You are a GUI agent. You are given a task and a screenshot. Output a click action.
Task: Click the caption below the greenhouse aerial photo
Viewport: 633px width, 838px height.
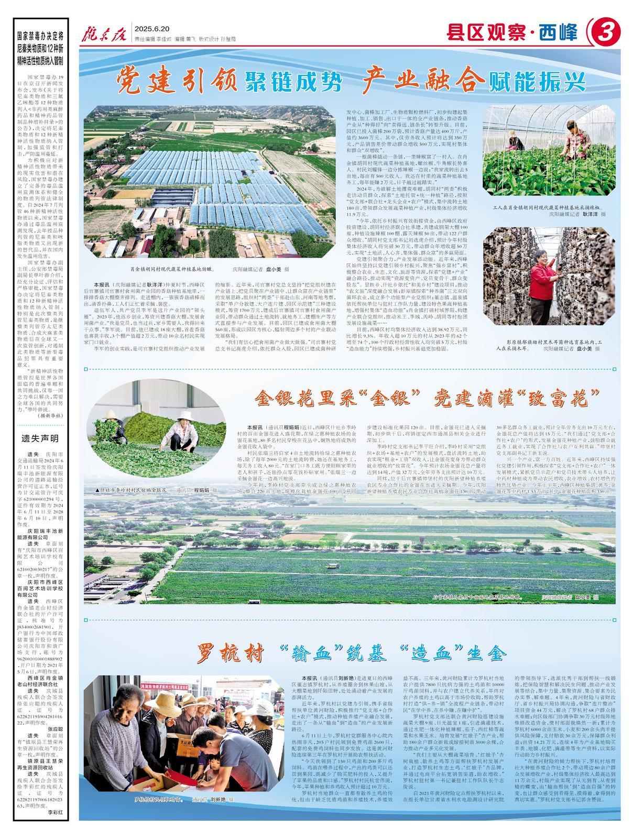pyautogui.click(x=210, y=270)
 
